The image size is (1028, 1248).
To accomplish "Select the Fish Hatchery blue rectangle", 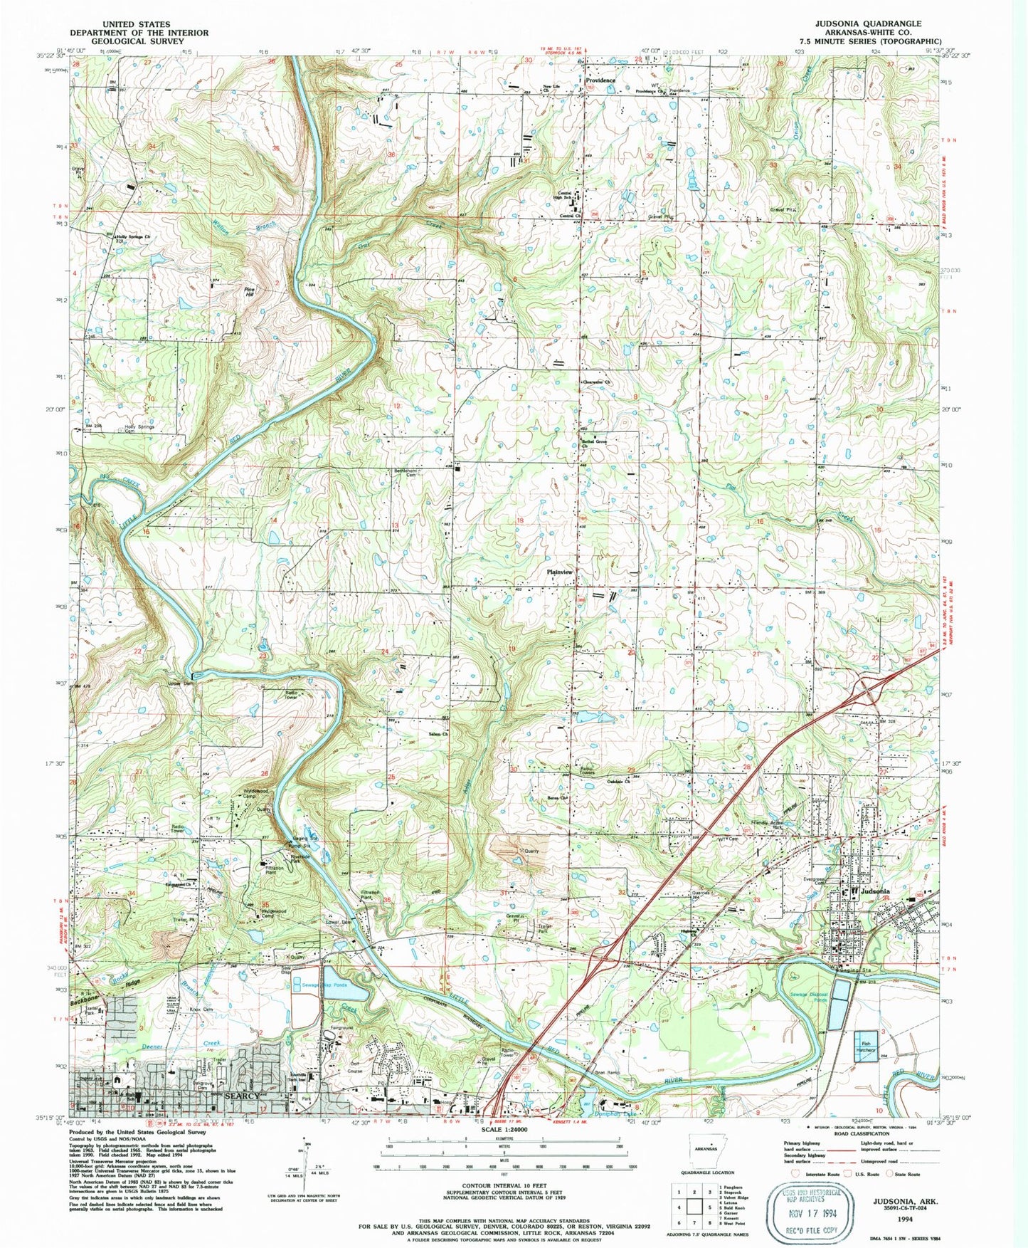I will tap(866, 1047).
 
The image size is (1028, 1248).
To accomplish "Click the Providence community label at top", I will tap(600, 80).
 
